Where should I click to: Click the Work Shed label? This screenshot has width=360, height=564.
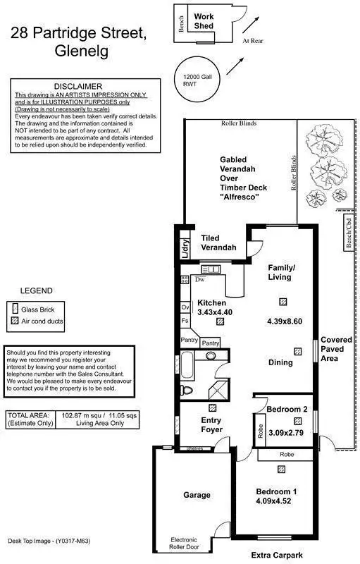click(x=204, y=21)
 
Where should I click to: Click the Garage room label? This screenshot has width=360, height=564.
click(x=197, y=495)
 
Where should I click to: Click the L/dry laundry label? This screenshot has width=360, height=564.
click(x=184, y=246)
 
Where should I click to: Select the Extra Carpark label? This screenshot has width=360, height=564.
click(x=276, y=555)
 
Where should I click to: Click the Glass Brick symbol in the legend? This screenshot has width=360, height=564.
click(x=15, y=309)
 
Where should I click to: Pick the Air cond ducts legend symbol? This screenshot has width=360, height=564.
click(x=15, y=322)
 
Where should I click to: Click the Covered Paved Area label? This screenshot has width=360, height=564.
click(x=337, y=349)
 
